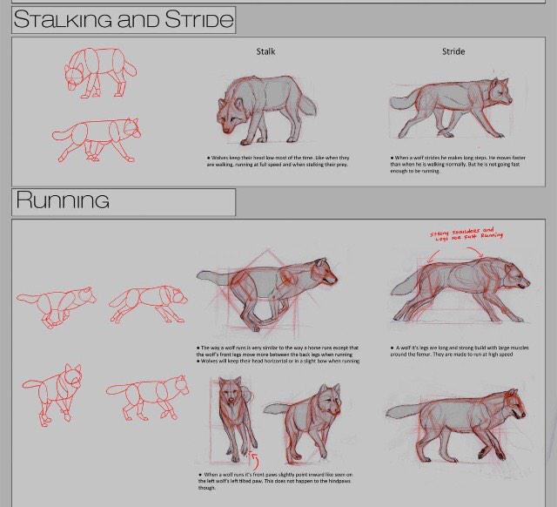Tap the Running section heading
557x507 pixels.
[x=63, y=201]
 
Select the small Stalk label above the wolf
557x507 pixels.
[x=265, y=51]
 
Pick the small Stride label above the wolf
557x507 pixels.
[x=453, y=51]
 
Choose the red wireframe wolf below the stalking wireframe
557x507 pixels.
[x=97, y=139]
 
